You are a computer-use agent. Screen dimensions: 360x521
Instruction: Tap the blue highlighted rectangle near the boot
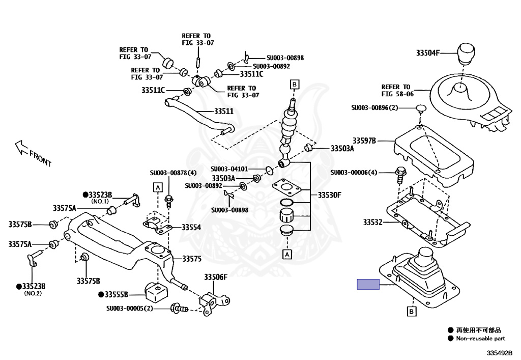click(x=368, y=285)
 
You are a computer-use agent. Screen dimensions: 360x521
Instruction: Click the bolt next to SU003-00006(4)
click(x=399, y=175)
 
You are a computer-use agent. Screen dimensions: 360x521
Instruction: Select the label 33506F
click(x=216, y=277)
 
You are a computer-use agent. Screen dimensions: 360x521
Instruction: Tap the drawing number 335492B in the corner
click(x=499, y=352)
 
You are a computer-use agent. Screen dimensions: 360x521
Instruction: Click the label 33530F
click(x=329, y=195)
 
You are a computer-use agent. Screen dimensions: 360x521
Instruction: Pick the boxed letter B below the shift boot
click(x=411, y=311)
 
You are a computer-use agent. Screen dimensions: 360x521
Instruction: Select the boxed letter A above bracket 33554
click(x=158, y=188)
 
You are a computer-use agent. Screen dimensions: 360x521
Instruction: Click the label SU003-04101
click(x=229, y=169)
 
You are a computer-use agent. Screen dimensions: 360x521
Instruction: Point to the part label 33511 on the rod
click(x=223, y=110)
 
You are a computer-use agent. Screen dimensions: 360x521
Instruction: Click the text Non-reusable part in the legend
click(x=481, y=338)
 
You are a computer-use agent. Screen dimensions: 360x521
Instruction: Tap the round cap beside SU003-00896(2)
click(x=421, y=108)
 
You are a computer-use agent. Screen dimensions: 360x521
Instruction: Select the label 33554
click(x=191, y=227)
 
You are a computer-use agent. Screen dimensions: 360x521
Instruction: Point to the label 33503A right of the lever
click(x=342, y=149)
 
